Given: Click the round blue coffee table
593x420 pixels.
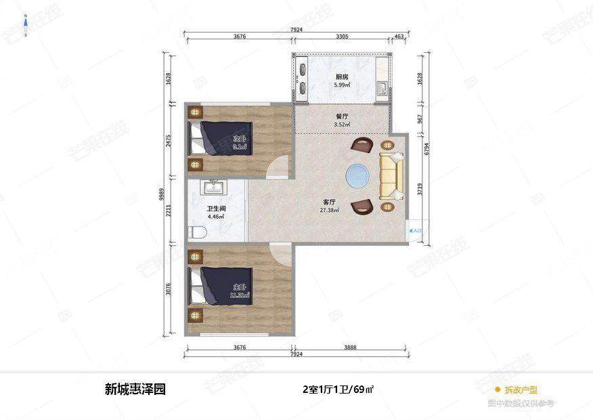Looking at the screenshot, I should pos(357,176).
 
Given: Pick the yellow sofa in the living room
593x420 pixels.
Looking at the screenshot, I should pos(392,176).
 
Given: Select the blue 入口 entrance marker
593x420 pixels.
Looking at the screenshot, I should pos(416,231).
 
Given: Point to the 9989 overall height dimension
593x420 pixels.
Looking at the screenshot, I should pos(162,194).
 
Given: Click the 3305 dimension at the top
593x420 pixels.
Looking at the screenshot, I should pos(342,37).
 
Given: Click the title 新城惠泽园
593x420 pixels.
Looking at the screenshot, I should pos(135,390).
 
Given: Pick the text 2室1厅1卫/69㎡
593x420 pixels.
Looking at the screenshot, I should pos(338,390).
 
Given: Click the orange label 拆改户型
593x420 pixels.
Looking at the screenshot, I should pos(521,390).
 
